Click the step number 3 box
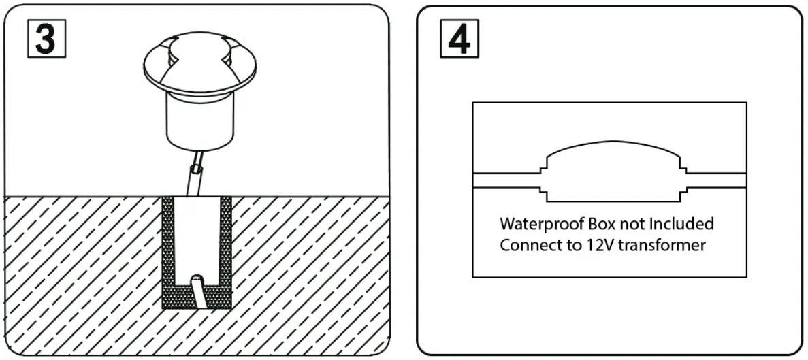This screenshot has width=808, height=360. [x=45, y=38]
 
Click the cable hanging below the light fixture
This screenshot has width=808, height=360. [x=193, y=177]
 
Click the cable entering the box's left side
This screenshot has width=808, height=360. [x=507, y=179]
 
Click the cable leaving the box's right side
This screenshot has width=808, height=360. [x=715, y=179]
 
